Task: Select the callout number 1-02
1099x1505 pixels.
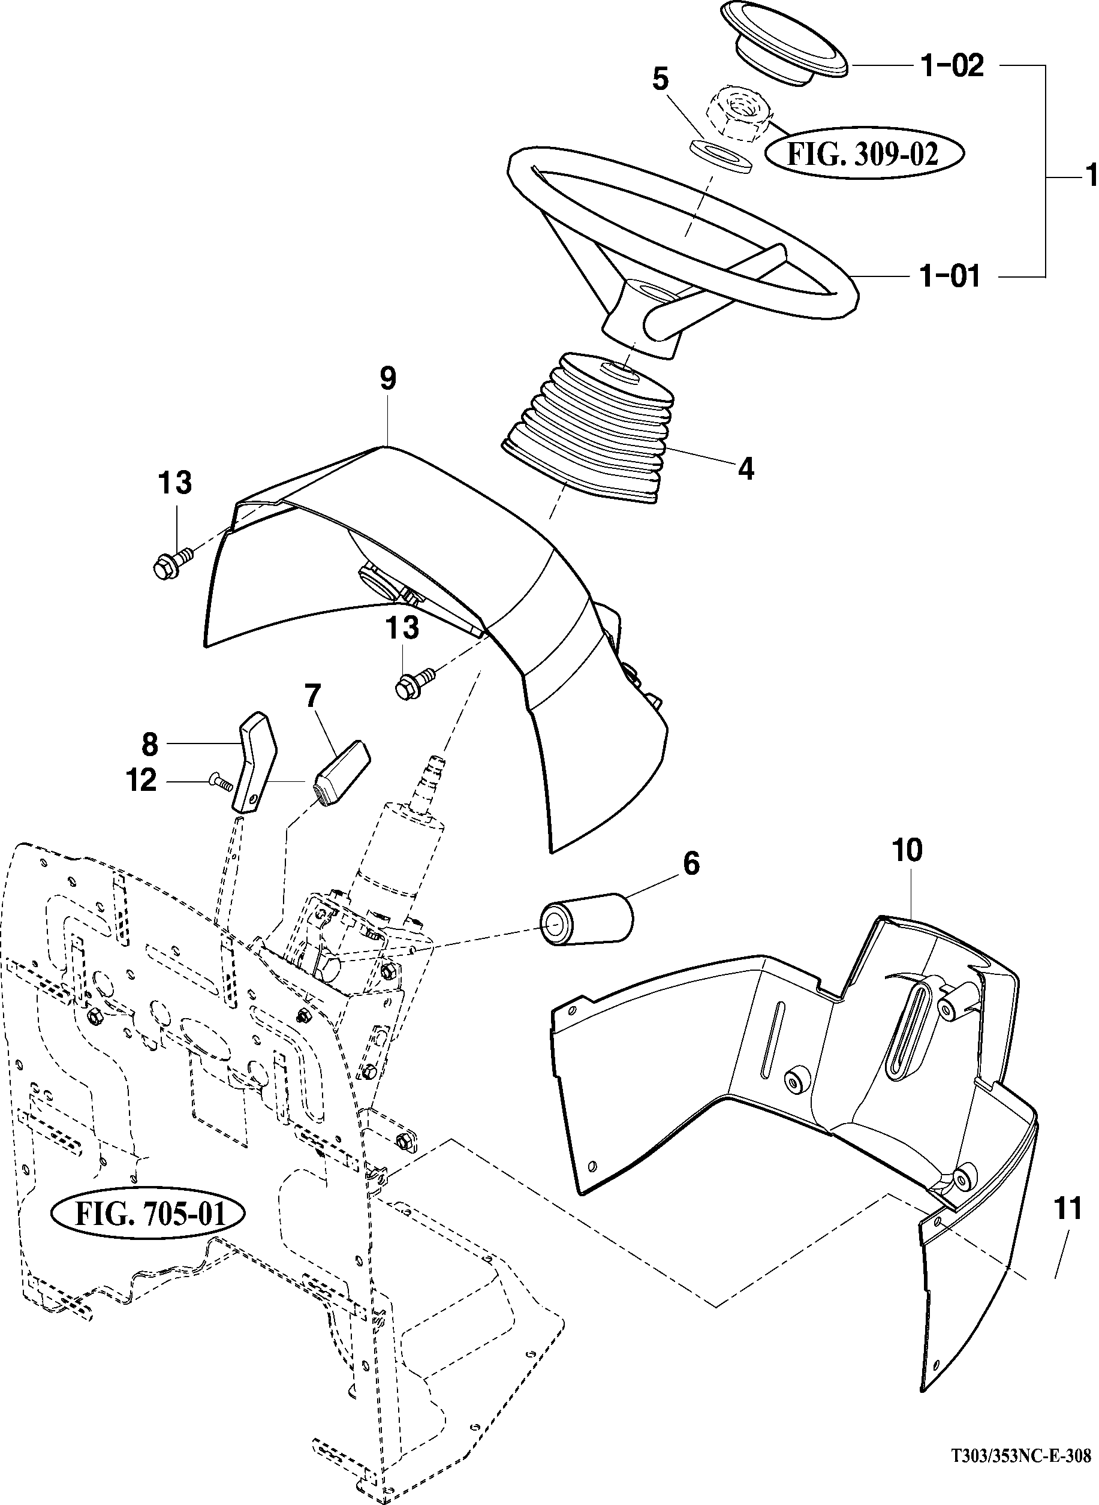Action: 952,66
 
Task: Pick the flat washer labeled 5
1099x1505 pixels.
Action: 720,157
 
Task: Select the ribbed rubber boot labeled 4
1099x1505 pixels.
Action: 585,426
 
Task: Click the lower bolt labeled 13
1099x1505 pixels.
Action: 414,684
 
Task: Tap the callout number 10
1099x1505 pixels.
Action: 908,850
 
